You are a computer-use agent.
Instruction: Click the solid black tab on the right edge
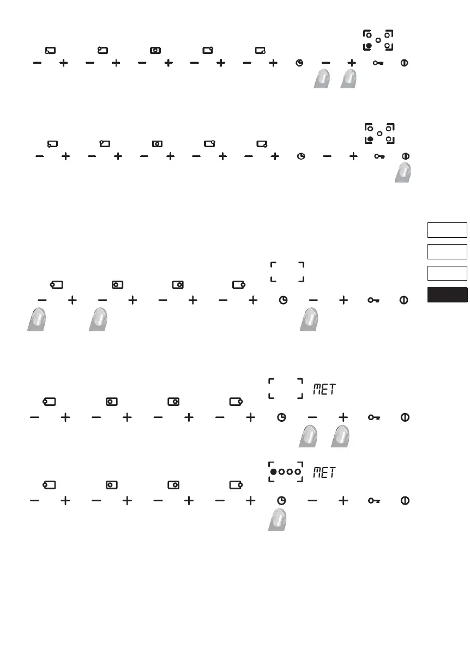tap(447, 295)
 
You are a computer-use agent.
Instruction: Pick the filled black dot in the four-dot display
tap(273, 471)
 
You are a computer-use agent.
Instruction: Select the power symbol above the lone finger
tap(405, 156)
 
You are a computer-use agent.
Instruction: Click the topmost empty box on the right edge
tap(447, 230)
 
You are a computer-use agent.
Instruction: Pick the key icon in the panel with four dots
tap(375, 500)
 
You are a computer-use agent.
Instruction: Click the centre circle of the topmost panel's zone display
tap(378, 40)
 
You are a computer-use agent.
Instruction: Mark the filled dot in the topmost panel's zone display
tap(370, 46)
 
